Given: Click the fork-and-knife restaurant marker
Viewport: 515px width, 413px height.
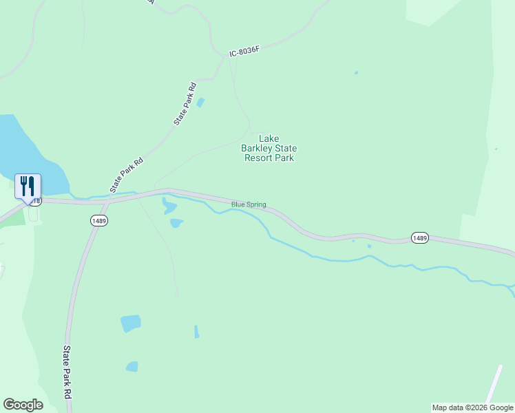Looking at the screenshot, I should (28, 187).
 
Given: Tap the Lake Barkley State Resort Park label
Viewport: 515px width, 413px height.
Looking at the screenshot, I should (269, 148).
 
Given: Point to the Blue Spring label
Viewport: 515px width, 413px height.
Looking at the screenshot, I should (249, 204).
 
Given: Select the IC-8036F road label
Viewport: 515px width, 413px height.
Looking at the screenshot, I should (245, 50).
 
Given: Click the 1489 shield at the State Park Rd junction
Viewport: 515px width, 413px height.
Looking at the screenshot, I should (98, 220).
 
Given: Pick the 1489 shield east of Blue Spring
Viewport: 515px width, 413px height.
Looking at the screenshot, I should (420, 237).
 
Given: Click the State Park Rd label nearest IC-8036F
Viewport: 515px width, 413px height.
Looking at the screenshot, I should (185, 103).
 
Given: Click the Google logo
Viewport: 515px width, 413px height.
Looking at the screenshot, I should (23, 405).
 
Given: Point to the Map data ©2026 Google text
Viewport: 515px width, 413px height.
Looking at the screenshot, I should (472, 407).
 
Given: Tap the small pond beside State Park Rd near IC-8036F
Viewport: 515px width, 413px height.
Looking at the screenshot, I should (200, 103).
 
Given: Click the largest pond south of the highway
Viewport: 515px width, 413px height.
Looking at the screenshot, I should (130, 323).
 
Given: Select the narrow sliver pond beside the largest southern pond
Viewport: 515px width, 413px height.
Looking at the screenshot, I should (196, 332).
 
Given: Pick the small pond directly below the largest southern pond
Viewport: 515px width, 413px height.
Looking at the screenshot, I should (132, 366).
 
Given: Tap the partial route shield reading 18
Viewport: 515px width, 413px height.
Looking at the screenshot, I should (36, 201).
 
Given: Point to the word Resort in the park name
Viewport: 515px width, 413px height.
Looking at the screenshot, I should (260, 158).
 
